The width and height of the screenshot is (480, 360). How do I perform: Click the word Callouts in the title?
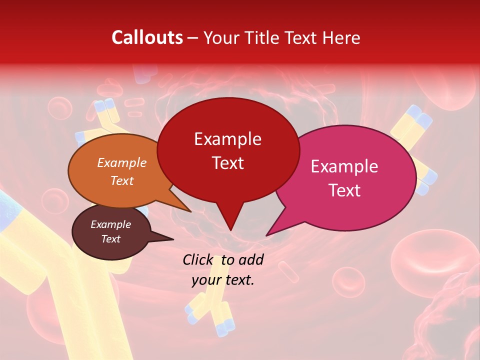(147, 37)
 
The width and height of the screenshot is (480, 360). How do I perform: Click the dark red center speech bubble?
(228, 150)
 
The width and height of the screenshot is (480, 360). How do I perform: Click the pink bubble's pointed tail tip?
(267, 235)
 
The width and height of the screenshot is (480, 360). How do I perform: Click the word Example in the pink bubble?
(344, 166)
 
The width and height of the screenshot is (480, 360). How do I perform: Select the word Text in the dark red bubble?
(228, 163)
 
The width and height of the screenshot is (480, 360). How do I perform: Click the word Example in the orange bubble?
(122, 162)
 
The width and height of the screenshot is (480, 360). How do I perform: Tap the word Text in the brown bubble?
(111, 239)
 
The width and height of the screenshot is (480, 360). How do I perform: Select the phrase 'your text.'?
(223, 280)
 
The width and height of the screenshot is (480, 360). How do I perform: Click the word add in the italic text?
(251, 259)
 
